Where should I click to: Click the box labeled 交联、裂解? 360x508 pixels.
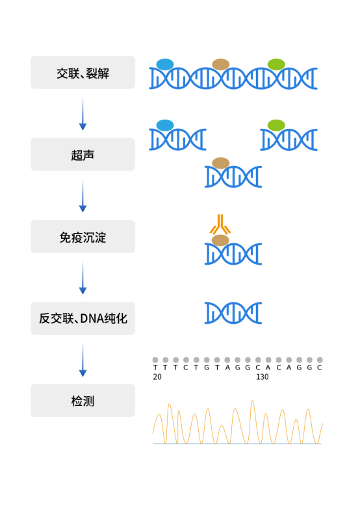[x=83, y=72]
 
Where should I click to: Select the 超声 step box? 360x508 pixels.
[x=83, y=154]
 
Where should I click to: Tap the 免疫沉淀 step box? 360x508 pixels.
[x=83, y=236]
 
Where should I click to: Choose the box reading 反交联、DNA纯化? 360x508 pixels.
[x=83, y=318]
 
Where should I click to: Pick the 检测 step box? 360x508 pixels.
[x=83, y=400]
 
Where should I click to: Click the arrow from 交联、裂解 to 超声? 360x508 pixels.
[x=83, y=114]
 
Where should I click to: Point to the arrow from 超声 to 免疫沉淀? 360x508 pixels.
[x=83, y=196]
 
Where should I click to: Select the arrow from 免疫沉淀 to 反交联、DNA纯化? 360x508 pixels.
[x=83, y=278]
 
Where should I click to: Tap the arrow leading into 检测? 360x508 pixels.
[x=83, y=360]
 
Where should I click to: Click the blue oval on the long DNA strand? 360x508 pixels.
[x=165, y=64]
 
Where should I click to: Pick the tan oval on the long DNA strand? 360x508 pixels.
[x=221, y=64]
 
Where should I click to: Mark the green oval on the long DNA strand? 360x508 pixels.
[x=276, y=64]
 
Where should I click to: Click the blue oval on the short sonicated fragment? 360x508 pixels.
[x=165, y=125]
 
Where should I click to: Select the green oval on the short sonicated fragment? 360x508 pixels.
[x=276, y=125]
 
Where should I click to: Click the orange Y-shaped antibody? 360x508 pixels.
[x=221, y=224]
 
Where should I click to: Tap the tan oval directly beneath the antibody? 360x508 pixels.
[x=221, y=240]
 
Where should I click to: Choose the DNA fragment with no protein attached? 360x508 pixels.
[x=233, y=313]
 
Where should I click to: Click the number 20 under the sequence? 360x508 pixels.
[x=157, y=377]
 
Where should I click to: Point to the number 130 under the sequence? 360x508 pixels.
[x=262, y=377]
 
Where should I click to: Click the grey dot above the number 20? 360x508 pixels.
[x=155, y=360]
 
